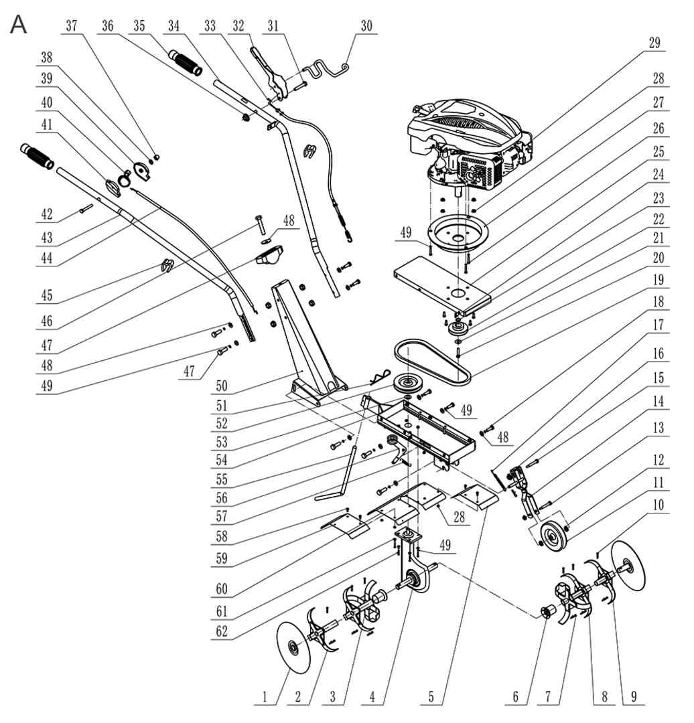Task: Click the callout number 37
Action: point(72,25)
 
